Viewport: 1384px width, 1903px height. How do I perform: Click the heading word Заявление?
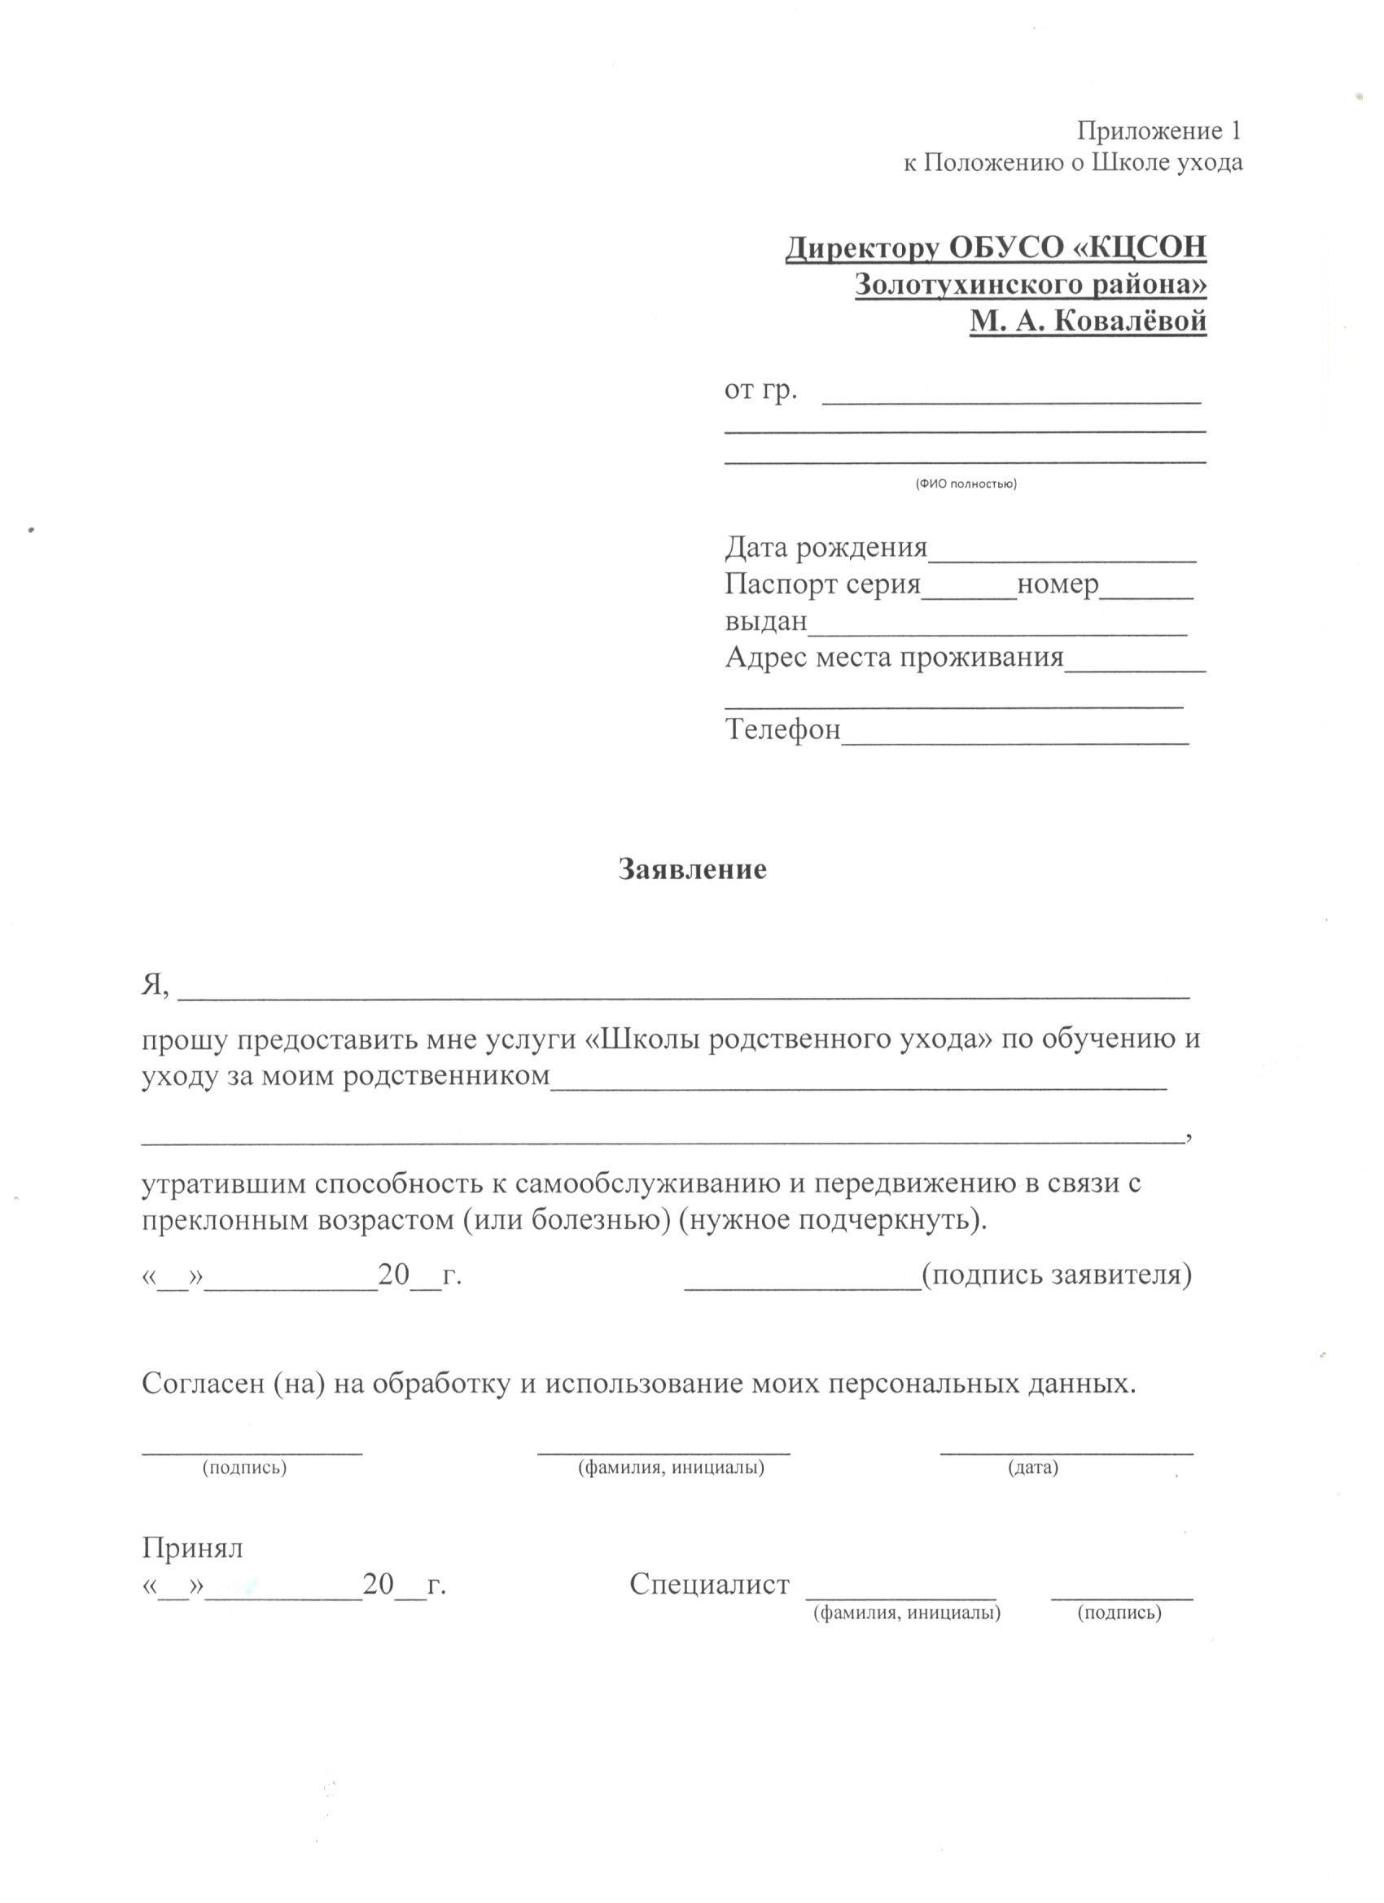pos(693,869)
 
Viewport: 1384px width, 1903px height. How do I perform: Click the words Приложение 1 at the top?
pos(1158,131)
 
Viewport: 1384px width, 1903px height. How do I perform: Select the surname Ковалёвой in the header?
pos(1129,321)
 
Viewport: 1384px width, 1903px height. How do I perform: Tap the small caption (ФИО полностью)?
pos(966,484)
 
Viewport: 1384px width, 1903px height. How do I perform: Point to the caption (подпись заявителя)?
pos(1057,1275)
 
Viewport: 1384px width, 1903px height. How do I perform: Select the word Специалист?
pos(709,1584)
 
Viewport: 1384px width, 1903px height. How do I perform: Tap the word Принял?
pos(192,1547)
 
